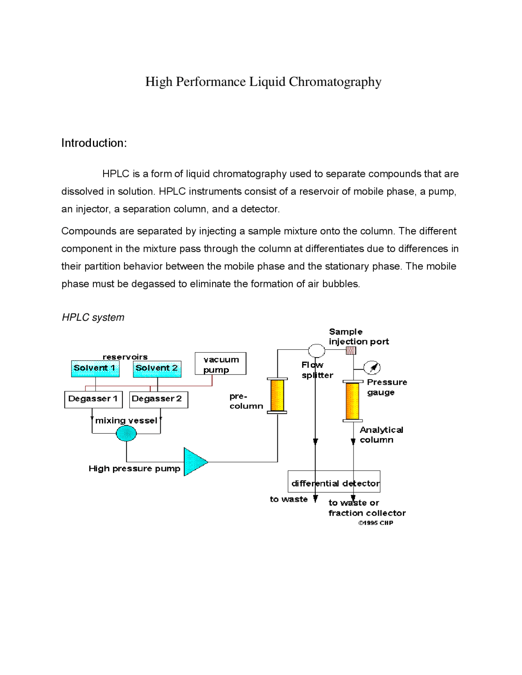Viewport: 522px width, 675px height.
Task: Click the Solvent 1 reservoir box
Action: (x=95, y=368)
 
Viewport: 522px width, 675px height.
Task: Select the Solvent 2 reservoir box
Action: (x=157, y=368)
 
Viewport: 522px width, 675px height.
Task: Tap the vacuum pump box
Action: (x=220, y=364)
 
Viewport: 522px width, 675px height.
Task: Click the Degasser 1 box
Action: (x=93, y=399)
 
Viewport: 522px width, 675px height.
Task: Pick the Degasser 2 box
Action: (x=158, y=399)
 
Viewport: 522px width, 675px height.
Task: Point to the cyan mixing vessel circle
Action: (x=126, y=433)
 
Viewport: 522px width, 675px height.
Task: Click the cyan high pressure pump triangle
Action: (x=194, y=462)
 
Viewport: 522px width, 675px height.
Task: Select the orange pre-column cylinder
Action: (x=277, y=395)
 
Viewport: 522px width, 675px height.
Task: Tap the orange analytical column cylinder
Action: (x=352, y=401)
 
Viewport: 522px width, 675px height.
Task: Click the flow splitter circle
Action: (x=316, y=350)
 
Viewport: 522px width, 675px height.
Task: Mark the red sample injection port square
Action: (x=351, y=350)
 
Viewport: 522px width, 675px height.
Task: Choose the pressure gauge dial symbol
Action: (x=372, y=367)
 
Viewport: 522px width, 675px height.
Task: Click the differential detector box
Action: (x=334, y=481)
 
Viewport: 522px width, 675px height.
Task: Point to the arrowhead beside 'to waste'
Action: (x=315, y=499)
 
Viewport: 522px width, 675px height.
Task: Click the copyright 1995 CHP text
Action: (x=376, y=523)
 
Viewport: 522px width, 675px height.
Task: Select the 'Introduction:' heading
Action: (x=94, y=143)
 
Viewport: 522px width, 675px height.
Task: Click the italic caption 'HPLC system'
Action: (x=93, y=318)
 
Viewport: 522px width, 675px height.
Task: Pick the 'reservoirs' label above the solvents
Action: (x=125, y=357)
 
